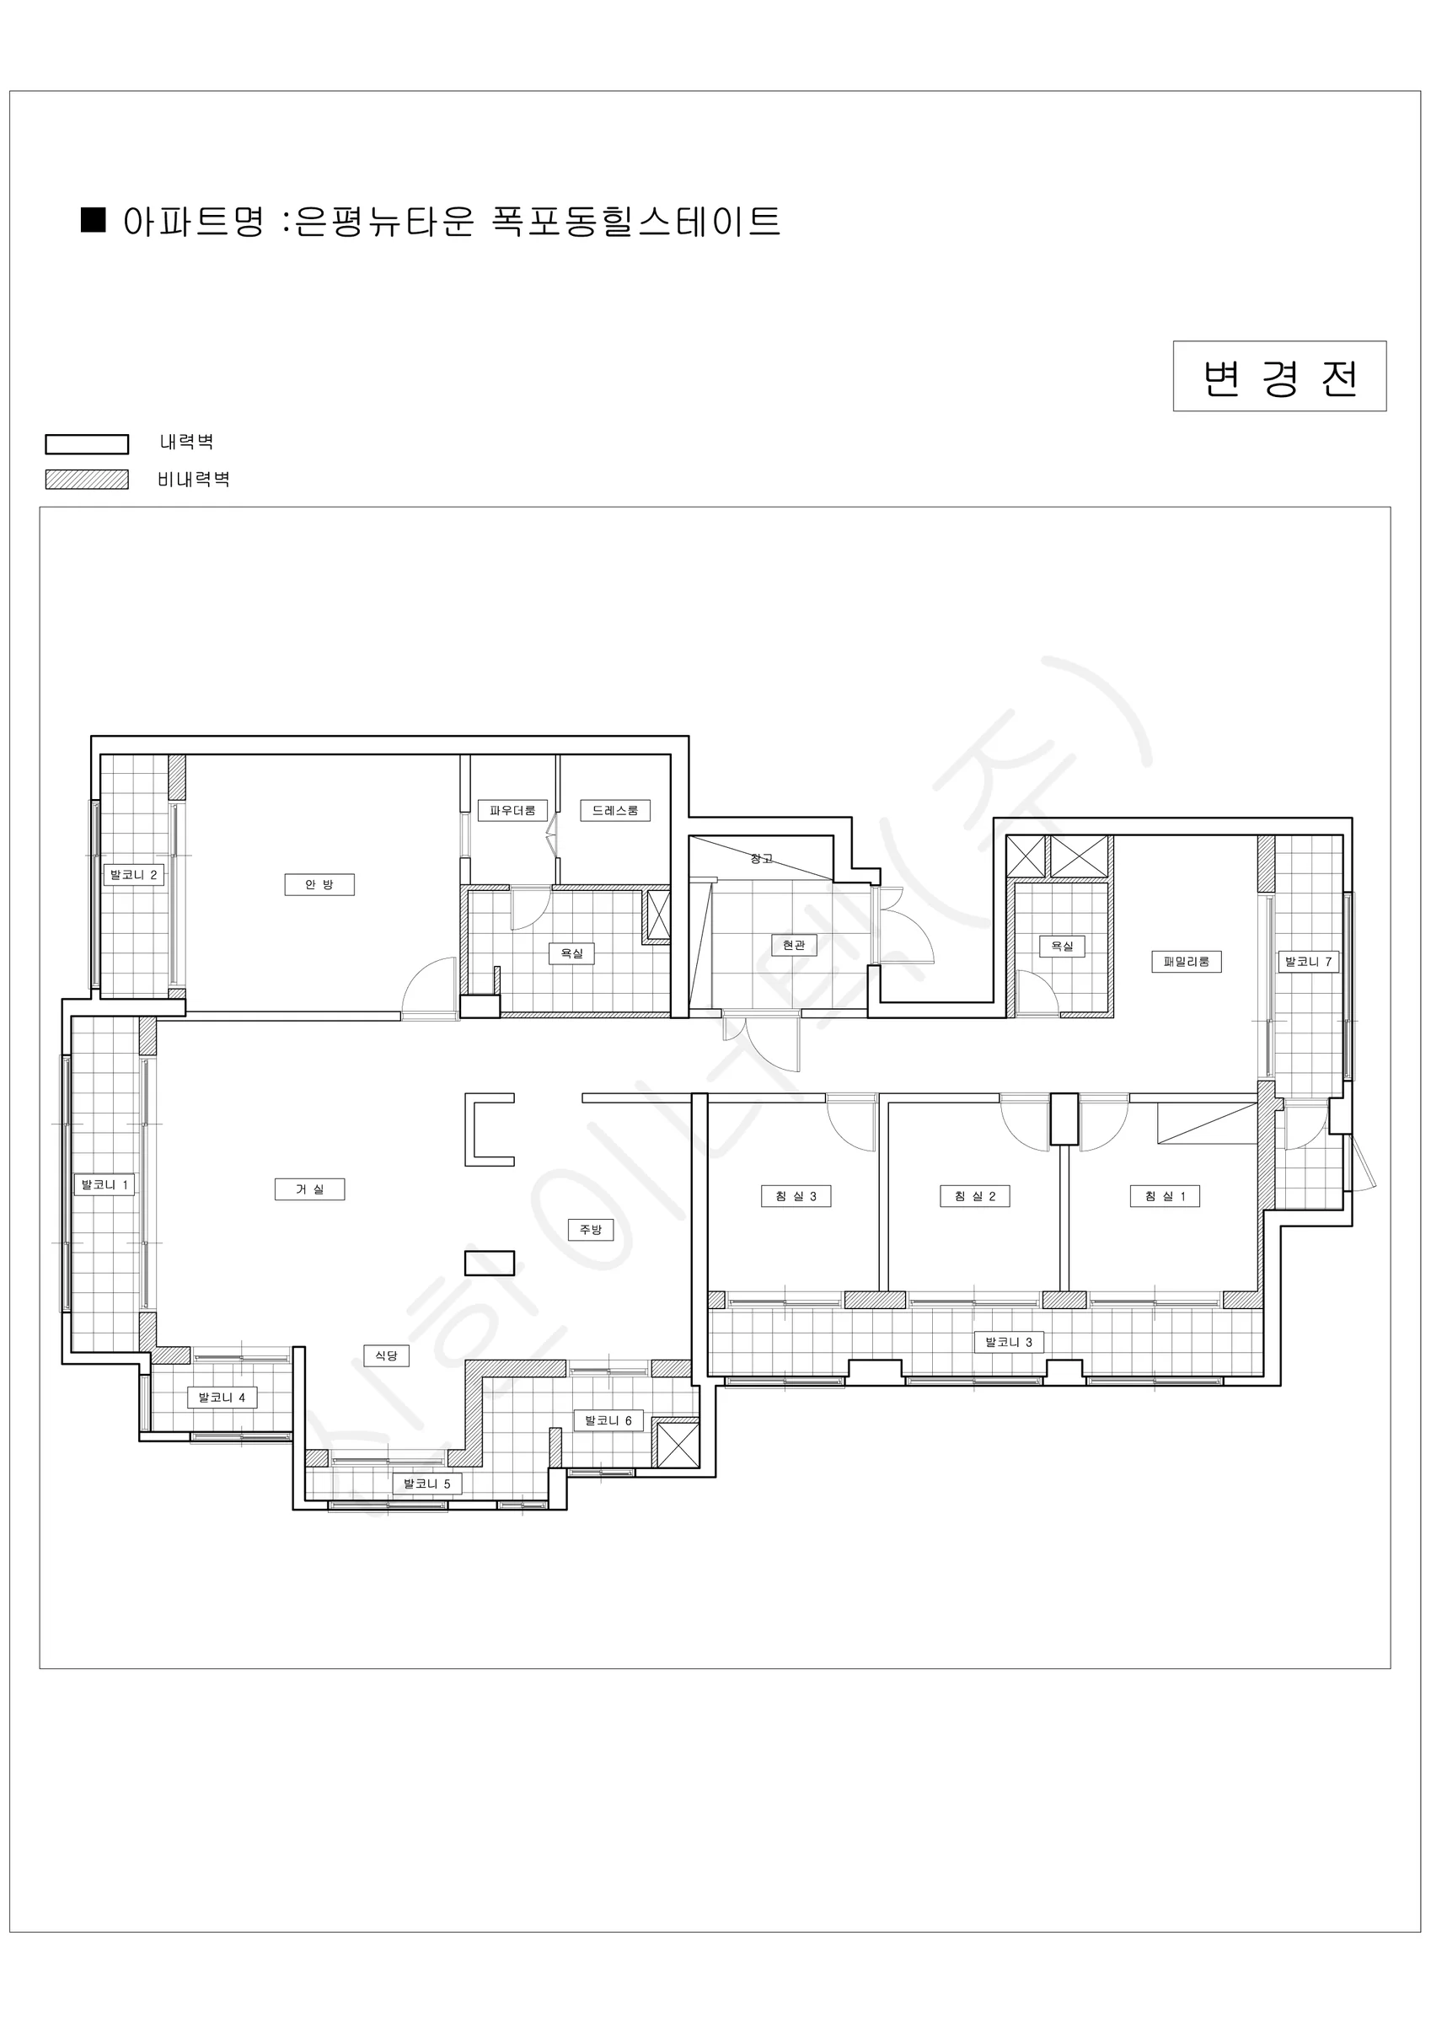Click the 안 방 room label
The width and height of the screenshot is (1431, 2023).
(319, 884)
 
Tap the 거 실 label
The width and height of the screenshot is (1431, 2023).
(309, 1189)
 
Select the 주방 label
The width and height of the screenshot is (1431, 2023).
(591, 1229)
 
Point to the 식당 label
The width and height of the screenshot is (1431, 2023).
(386, 1355)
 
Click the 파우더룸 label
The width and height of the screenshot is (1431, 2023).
(512, 810)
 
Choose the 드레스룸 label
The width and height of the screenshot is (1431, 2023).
(615, 810)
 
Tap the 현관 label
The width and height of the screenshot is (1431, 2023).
(794, 945)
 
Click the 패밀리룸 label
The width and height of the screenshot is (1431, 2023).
(1186, 961)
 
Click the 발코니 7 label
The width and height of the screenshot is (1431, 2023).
(1309, 961)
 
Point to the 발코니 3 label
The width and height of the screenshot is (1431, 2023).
(1009, 1342)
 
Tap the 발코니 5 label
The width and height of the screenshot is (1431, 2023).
(427, 1484)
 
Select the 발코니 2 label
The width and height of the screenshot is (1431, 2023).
(134, 875)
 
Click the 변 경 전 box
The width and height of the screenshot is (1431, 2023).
(1279, 376)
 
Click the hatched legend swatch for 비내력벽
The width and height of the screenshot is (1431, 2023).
(88, 480)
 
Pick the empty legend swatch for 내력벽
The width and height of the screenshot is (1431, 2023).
(88, 444)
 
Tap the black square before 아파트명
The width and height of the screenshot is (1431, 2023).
(94, 220)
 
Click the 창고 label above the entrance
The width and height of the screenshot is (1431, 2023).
(761, 858)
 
